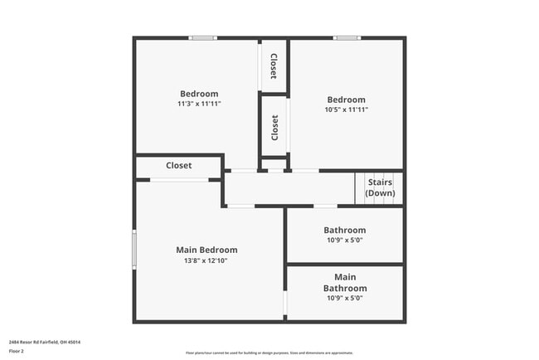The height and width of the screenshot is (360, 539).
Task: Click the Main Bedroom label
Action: pos(206,250)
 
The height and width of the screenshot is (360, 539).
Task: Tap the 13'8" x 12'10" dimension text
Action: pos(206,260)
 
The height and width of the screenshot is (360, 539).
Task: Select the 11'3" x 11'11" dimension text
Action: pos(199,105)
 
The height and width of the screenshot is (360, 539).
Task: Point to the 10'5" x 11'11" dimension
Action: pos(346,109)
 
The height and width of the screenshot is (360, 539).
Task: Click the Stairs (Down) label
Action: pos(380,187)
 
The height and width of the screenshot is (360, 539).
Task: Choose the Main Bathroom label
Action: pos(344,282)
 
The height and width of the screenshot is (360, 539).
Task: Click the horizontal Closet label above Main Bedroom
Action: pos(178,166)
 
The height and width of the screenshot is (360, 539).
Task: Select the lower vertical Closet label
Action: pos(274,127)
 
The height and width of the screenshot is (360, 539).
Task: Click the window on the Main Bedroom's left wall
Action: pos(134,249)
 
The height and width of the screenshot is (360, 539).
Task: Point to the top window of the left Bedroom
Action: pos(202,38)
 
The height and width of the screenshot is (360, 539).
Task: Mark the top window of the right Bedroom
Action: pos(347,38)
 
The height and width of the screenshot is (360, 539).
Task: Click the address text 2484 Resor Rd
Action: pos(45,342)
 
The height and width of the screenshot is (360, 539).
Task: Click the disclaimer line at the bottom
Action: pos(269,353)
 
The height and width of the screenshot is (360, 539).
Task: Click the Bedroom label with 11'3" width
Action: pos(199,94)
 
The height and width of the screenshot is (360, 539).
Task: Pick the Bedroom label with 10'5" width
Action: pos(346,100)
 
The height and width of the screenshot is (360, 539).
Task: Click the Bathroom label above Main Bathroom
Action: pos(344,230)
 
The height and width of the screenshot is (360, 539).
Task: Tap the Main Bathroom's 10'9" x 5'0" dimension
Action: pos(344,298)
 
